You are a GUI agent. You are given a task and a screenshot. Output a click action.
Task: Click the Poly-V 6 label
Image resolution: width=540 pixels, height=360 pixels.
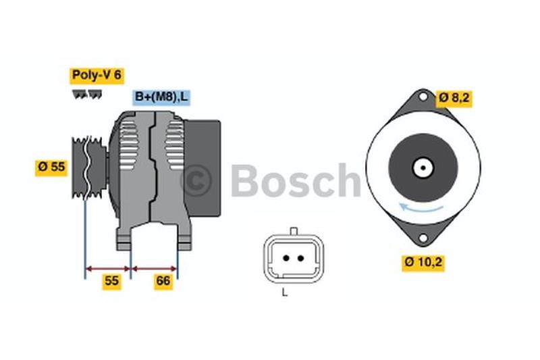click(97, 75)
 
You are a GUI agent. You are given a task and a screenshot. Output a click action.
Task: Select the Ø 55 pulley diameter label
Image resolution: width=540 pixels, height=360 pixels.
click(51, 167)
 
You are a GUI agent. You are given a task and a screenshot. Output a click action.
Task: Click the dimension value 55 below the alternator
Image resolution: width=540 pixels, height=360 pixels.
click(111, 282)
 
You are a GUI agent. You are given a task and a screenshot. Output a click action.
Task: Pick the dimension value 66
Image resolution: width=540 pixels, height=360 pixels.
click(163, 282)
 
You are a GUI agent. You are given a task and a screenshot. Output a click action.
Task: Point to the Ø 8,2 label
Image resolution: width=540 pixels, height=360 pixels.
click(454, 97)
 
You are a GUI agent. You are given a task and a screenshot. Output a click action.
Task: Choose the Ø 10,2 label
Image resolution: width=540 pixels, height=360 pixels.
click(424, 261)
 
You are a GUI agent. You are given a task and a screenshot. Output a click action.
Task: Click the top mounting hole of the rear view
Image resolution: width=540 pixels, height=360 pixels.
click(423, 96)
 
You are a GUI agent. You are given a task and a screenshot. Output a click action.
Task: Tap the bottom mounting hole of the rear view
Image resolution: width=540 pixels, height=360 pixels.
click(423, 238)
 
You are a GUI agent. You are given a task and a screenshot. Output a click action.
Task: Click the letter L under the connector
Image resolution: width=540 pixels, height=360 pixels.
click(285, 292)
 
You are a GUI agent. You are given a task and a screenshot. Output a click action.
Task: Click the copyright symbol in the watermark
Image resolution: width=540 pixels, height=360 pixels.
click(196, 180)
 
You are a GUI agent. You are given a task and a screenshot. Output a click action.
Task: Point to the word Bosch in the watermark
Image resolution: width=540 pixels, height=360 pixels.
click(295, 180)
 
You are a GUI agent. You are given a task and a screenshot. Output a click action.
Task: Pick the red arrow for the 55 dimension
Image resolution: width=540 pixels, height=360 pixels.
click(107, 268)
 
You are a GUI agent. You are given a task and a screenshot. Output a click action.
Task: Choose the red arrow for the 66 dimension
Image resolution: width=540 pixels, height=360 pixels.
click(155, 268)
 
